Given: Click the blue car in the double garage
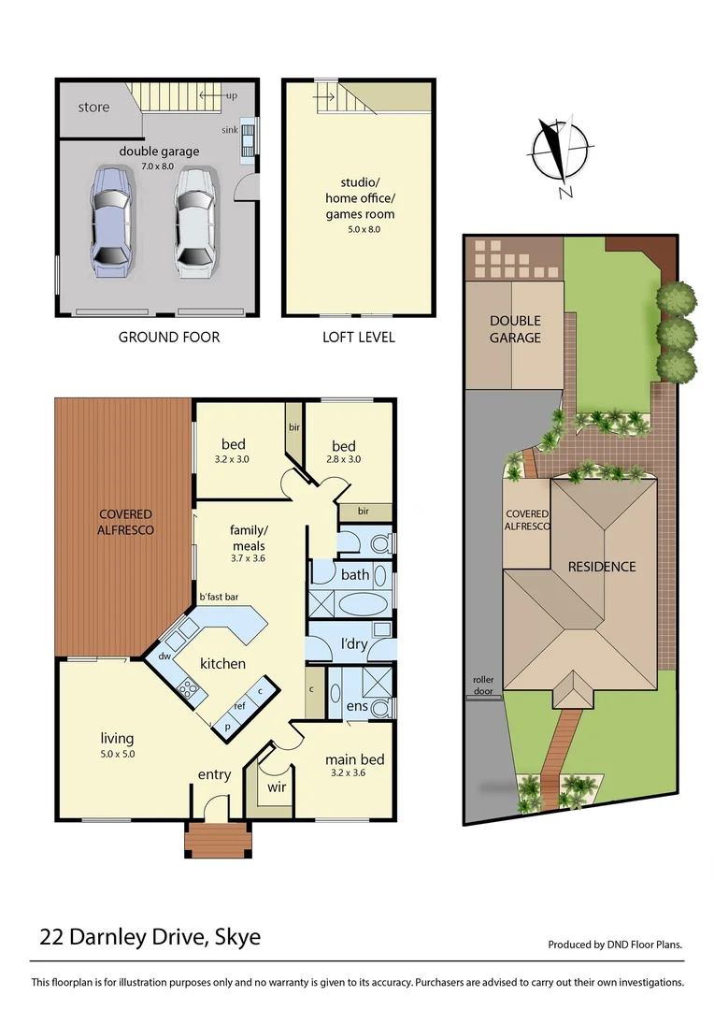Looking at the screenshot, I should pyautogui.click(x=109, y=221).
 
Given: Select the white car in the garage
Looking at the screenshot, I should pyautogui.click(x=194, y=222).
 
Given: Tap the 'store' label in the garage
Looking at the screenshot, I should pyautogui.click(x=93, y=107).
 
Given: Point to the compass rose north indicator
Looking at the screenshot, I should pyautogui.click(x=560, y=153).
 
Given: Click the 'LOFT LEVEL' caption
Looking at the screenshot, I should pyautogui.click(x=359, y=337).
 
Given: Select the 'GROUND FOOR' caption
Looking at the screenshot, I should pyautogui.click(x=169, y=337).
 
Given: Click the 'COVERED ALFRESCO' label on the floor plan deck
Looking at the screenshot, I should pyautogui.click(x=126, y=522).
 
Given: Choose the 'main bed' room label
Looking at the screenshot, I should pyautogui.click(x=354, y=759).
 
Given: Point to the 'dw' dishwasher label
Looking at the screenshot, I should pyautogui.click(x=165, y=656).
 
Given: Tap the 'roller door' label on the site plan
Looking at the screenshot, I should pyautogui.click(x=484, y=684).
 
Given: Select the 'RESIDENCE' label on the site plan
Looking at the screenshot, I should pyautogui.click(x=602, y=566).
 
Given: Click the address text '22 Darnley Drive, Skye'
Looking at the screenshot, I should pyautogui.click(x=150, y=936).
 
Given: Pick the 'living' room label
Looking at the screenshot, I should pyautogui.click(x=118, y=738).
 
